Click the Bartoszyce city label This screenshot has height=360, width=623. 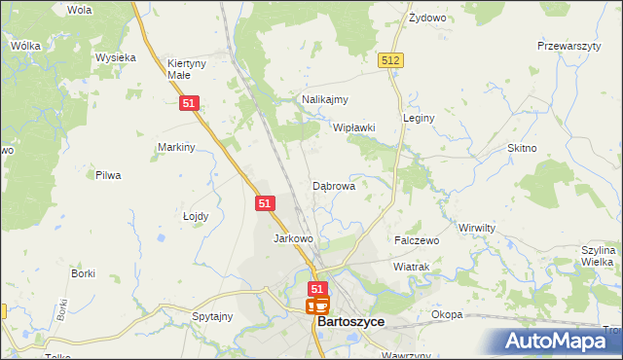350,321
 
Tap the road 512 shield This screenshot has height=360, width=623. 391,60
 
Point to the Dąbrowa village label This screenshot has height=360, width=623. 333,185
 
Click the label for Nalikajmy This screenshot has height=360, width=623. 325,99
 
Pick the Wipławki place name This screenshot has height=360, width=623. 353,127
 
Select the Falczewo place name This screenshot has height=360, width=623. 417,239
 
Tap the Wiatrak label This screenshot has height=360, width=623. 411,266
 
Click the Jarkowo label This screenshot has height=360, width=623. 293,238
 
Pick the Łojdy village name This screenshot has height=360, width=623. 196,217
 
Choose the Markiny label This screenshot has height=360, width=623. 177,147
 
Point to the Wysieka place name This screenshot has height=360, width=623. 115,57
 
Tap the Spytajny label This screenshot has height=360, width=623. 212,316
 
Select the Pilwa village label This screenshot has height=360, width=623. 107,175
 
